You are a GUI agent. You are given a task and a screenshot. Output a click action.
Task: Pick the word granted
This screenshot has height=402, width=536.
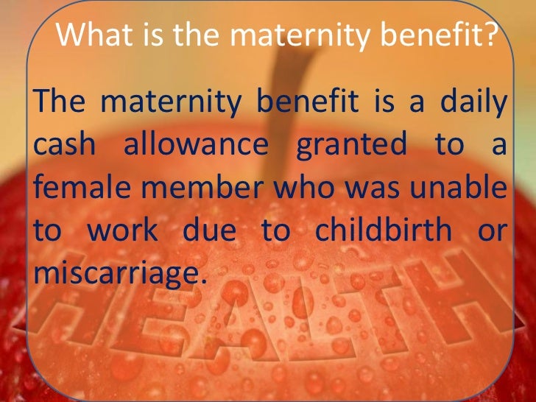(351, 144)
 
